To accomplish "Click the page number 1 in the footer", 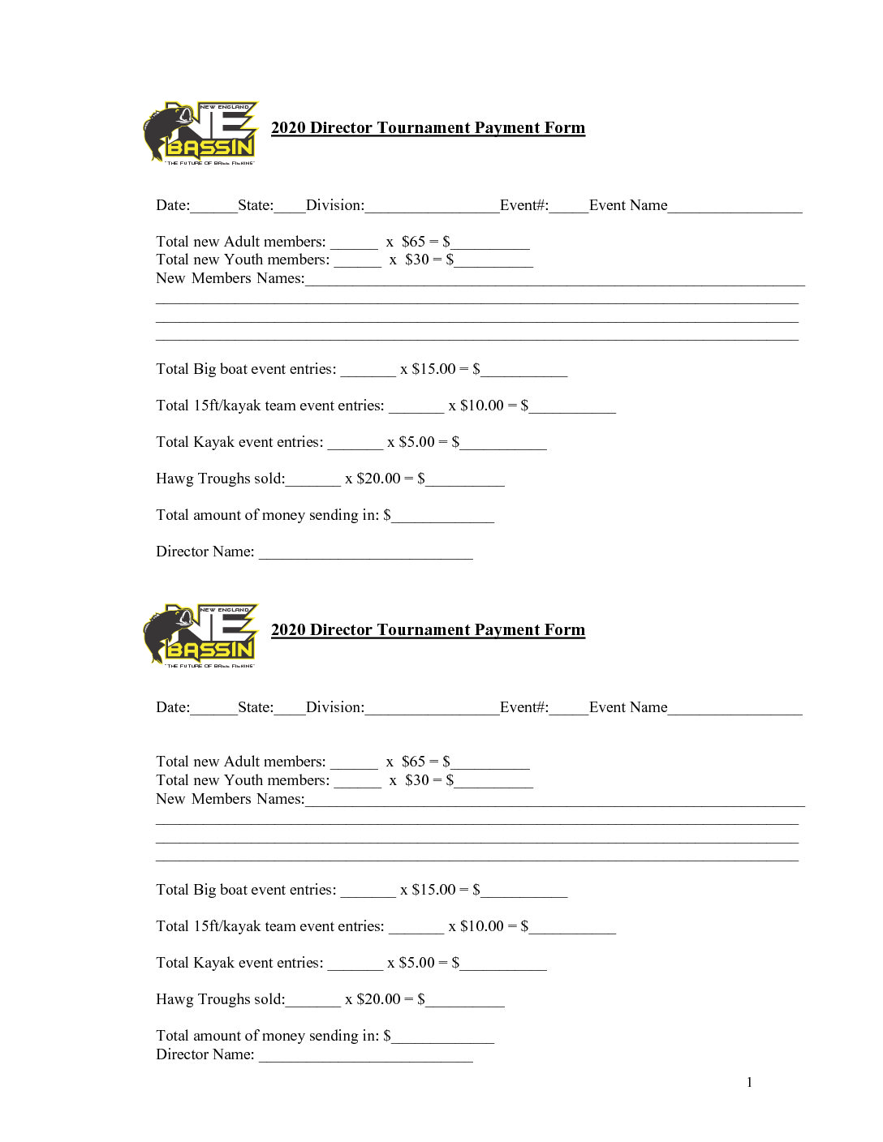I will click(x=749, y=1082).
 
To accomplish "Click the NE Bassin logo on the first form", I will click(x=201, y=133).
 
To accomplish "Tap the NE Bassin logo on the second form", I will click(x=201, y=635).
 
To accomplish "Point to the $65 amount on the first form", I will click(x=413, y=242).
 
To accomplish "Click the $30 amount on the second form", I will click(x=417, y=780).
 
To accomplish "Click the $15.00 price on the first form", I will click(x=433, y=369).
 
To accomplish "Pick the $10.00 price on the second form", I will click(x=482, y=926).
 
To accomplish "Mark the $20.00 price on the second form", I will click(x=378, y=999).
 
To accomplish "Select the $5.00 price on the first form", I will click(x=416, y=442).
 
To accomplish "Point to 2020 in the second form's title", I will click(x=288, y=629).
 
